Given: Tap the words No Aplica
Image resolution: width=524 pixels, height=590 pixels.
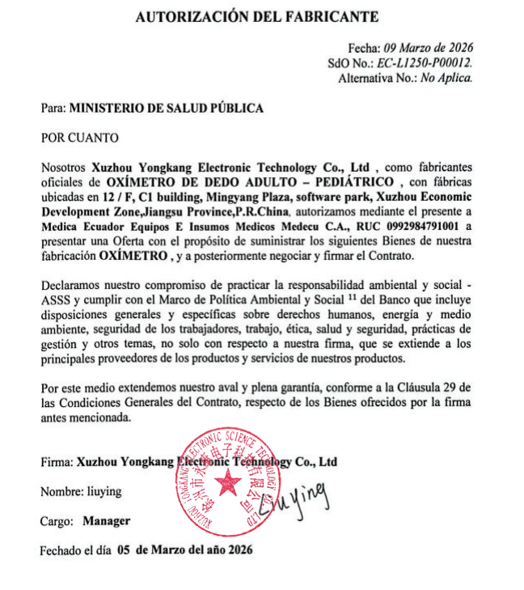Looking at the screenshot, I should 446,78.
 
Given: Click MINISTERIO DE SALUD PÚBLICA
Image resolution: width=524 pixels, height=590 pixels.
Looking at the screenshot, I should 166,107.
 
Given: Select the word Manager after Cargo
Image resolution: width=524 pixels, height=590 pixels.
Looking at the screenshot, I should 106,521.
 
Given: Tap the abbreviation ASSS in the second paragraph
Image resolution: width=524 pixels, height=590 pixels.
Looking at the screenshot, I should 57,301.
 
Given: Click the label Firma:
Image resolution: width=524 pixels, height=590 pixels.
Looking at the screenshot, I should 56,462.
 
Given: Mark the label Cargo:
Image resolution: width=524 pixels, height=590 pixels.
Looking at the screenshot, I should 57,521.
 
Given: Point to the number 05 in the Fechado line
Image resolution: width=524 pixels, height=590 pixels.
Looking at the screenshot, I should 124,550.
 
